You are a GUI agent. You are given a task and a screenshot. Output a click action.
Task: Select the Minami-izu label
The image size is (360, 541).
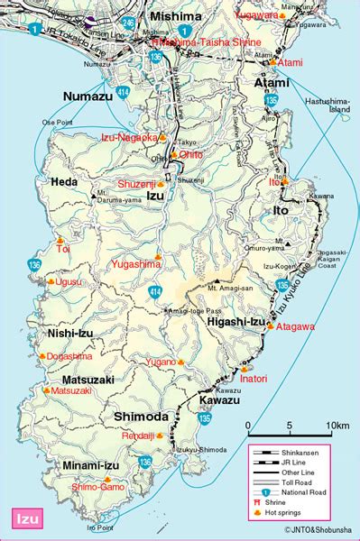[x=64, y=465]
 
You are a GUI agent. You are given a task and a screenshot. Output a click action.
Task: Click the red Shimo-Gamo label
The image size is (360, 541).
[x=97, y=485]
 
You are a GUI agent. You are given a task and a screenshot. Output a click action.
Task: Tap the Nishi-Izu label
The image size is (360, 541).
[x=64, y=334]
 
